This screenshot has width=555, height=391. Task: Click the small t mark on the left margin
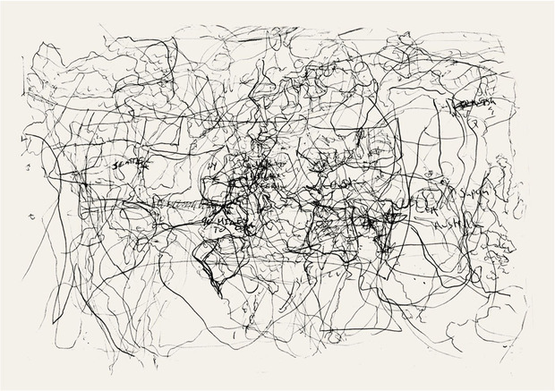point(33,216)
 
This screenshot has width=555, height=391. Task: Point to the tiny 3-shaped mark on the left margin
point(30,167)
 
